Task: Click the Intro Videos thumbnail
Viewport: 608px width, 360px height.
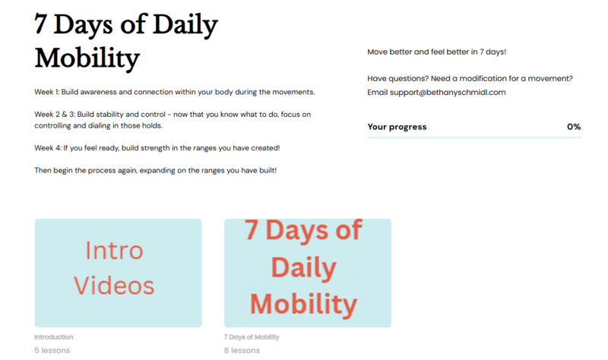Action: coord(118,273)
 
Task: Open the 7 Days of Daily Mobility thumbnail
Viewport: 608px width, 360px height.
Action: coord(308,273)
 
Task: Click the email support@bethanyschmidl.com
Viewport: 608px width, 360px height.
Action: coord(448,92)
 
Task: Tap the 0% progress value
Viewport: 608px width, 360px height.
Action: coord(574,127)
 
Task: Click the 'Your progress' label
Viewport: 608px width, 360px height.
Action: coord(397,127)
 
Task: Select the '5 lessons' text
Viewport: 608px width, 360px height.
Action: coord(52,350)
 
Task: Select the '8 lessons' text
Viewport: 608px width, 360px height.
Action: coord(242,350)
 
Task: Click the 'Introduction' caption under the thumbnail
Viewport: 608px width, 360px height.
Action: coord(54,336)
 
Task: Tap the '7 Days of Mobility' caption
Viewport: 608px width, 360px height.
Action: coord(252,337)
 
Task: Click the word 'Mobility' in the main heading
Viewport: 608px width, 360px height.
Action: coord(87,58)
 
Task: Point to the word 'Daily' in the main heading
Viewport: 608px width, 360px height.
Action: coord(185,25)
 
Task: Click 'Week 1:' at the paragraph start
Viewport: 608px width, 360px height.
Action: coord(47,92)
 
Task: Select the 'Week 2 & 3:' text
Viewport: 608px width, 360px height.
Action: coord(55,115)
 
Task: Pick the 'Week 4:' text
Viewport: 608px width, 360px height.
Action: coord(48,148)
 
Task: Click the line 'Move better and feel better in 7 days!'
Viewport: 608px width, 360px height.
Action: coord(436,52)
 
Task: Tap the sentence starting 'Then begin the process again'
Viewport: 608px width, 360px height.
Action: coord(156,170)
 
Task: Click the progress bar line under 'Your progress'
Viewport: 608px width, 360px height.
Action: coord(474,137)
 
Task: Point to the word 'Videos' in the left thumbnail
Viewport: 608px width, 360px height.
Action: coord(114,286)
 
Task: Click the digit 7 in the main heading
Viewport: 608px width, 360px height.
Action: coord(41,24)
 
